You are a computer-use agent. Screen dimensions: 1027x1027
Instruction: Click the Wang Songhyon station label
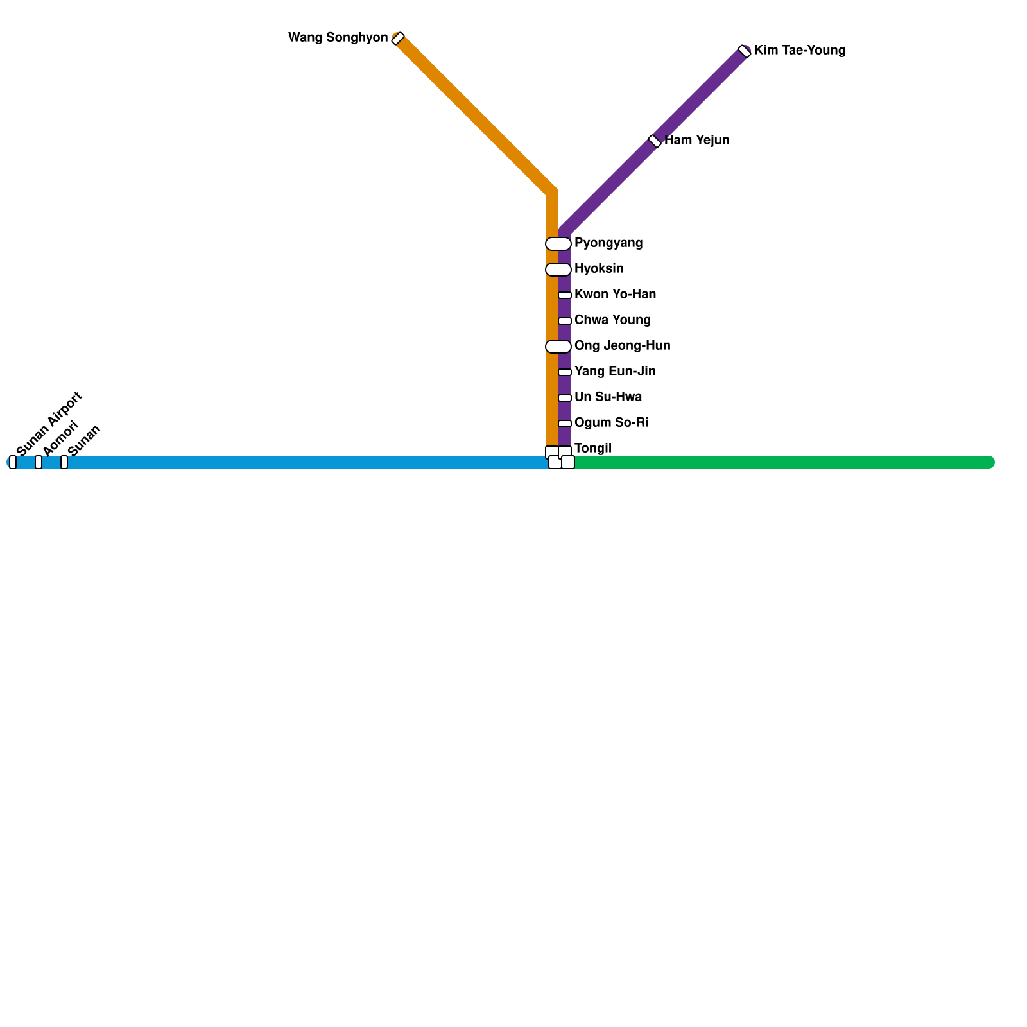(x=338, y=38)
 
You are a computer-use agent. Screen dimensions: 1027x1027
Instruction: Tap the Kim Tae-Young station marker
(x=745, y=51)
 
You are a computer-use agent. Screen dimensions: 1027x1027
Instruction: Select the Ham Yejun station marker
(x=655, y=141)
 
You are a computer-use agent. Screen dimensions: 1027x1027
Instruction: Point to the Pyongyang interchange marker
(x=558, y=244)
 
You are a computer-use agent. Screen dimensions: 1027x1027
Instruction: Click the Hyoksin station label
(x=599, y=269)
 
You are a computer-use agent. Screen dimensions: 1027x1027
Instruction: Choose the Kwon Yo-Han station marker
(x=565, y=295)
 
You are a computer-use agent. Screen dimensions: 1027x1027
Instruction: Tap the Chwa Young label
(x=612, y=320)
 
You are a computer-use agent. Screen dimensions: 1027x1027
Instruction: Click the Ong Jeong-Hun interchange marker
(x=558, y=347)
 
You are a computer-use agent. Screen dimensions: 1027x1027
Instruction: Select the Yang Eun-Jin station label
(x=615, y=372)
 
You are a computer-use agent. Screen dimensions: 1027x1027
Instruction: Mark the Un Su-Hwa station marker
(x=565, y=398)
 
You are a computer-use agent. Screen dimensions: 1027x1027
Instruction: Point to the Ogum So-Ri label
(x=611, y=423)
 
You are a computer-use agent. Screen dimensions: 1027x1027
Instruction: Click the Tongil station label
(x=593, y=448)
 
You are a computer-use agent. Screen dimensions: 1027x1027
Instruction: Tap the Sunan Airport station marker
(x=13, y=462)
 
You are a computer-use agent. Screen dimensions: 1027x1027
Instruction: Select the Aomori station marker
(x=39, y=462)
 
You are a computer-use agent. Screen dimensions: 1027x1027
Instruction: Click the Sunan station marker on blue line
(x=64, y=462)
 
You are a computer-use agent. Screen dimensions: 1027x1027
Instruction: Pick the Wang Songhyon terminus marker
(x=398, y=39)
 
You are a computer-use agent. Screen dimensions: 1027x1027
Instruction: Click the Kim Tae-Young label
(x=800, y=51)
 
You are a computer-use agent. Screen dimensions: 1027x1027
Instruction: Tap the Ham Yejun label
(x=697, y=141)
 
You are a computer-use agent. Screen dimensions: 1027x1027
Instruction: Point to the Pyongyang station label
(x=608, y=243)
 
